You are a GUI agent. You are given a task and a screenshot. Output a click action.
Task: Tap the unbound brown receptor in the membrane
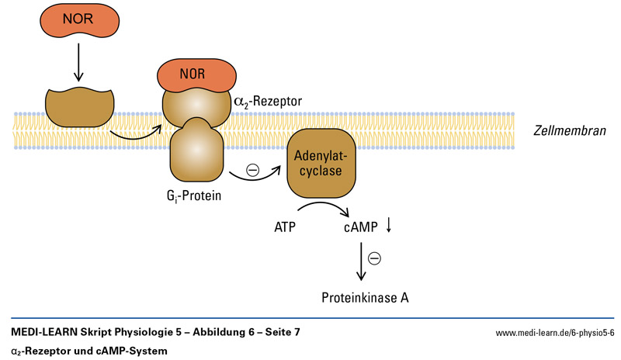pos(78,106)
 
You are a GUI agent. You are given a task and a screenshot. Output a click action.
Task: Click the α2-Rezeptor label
pos(267,100)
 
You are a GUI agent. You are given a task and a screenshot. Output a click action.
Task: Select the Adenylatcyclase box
pos(322,162)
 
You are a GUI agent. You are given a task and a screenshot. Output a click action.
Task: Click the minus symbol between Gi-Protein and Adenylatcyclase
pos(252,170)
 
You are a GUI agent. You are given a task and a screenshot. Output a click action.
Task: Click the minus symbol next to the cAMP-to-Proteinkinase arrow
pos(374,259)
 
